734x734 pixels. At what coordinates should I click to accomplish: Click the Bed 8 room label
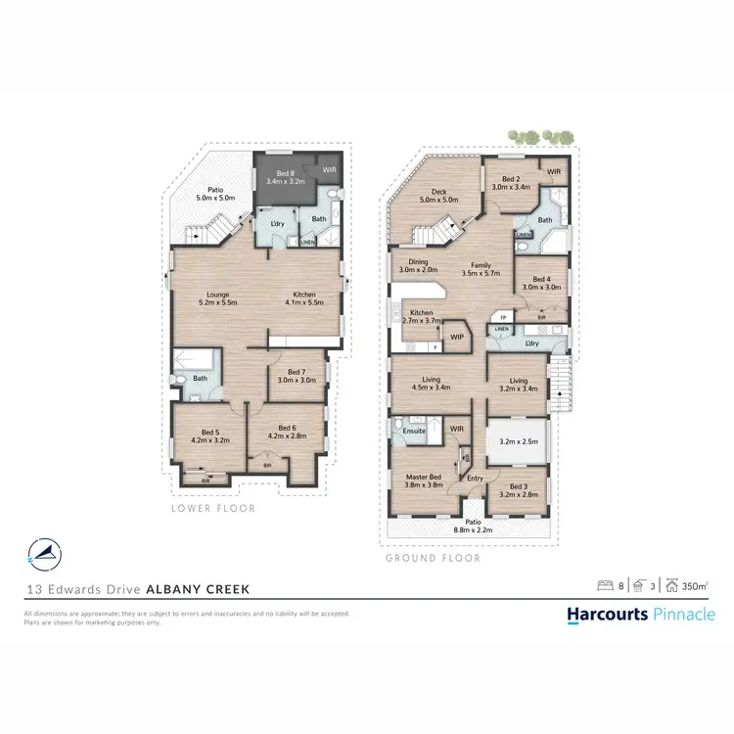pos(285,176)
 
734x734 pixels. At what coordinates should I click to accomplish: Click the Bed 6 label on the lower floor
pos(286,432)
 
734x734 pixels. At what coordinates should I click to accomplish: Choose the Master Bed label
pos(425,481)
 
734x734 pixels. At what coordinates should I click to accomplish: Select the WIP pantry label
pos(457,338)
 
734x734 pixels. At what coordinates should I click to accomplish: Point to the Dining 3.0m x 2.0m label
pos(418,265)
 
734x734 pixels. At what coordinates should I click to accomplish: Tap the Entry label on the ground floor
pos(475,478)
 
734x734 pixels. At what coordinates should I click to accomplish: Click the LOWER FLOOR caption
pos(212,508)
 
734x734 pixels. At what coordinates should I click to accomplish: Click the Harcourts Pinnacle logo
pos(641,614)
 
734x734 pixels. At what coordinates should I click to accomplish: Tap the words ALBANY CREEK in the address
pos(198,589)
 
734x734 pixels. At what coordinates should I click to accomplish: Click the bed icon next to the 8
pos(606,586)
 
